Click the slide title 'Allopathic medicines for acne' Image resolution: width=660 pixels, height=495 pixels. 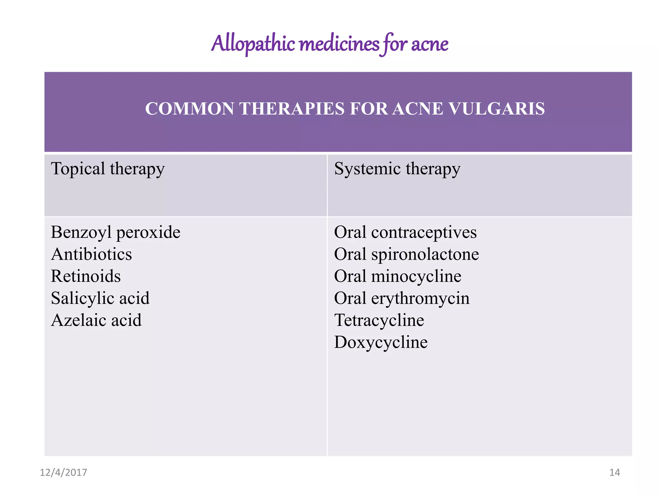pyautogui.click(x=329, y=44)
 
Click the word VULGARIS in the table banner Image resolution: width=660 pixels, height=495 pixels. pyautogui.click(x=496, y=109)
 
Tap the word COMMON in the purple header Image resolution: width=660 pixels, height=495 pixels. pyautogui.click(x=189, y=109)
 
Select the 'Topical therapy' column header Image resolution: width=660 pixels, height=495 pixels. pyautogui.click(x=108, y=169)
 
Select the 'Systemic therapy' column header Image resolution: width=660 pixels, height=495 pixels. pyautogui.click(x=397, y=169)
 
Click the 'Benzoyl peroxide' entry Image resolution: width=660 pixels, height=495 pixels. pyautogui.click(x=115, y=232)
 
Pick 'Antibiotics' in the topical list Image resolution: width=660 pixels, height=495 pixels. pyautogui.click(x=92, y=254)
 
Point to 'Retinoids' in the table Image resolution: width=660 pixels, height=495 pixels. pyautogui.click(x=86, y=276)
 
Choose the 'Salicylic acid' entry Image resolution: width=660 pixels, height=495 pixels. pyautogui.click(x=100, y=298)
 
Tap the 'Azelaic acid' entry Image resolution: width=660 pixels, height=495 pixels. pyautogui.click(x=96, y=320)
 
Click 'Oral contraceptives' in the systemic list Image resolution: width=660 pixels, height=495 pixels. pyautogui.click(x=405, y=232)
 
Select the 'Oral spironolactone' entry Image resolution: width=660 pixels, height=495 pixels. pyautogui.click(x=406, y=254)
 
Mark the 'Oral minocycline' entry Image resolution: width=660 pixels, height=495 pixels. pyautogui.click(x=398, y=276)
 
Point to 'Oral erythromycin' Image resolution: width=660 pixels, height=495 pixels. pyautogui.click(x=402, y=298)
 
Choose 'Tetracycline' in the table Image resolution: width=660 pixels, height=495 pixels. pyautogui.click(x=379, y=320)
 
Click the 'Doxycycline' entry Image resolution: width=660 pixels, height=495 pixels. pyautogui.click(x=381, y=342)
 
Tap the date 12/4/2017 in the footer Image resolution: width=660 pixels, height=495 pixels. pyautogui.click(x=63, y=472)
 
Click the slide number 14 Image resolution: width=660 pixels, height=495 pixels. pyautogui.click(x=615, y=472)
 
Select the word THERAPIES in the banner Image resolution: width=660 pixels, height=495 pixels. pyautogui.click(x=292, y=109)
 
